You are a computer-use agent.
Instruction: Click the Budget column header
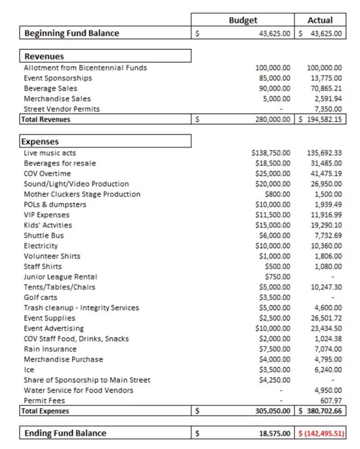243,20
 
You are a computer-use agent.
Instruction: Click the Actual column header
320,20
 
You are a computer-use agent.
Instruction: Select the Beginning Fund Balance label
71,33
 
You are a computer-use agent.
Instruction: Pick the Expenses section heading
41,141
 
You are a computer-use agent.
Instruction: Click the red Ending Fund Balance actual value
321,433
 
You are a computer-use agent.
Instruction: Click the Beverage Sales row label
50,88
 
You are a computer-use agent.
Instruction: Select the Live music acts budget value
271,153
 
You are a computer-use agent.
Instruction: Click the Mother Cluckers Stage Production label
82,194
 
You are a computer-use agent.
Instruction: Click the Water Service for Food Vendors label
79,390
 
